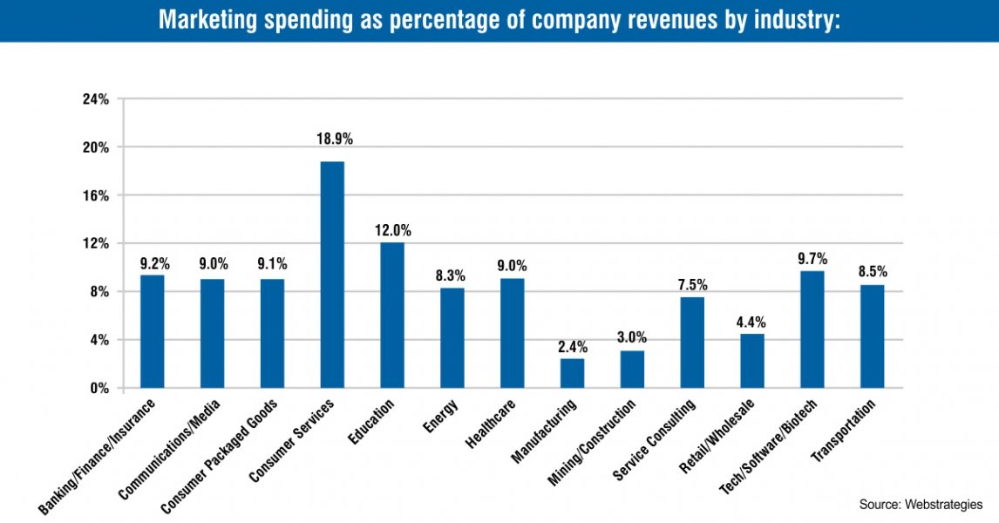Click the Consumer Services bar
(x=332, y=275)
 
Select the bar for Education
(x=392, y=315)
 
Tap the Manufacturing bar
(x=572, y=373)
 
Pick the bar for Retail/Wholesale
(x=752, y=361)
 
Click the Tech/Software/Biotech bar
(x=812, y=329)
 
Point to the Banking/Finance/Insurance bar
(x=153, y=331)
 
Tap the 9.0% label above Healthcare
(x=513, y=266)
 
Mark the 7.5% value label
(x=693, y=284)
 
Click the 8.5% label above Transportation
(x=872, y=272)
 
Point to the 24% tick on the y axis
(x=96, y=99)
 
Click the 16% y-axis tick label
(x=96, y=195)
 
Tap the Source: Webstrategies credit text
(x=921, y=505)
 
